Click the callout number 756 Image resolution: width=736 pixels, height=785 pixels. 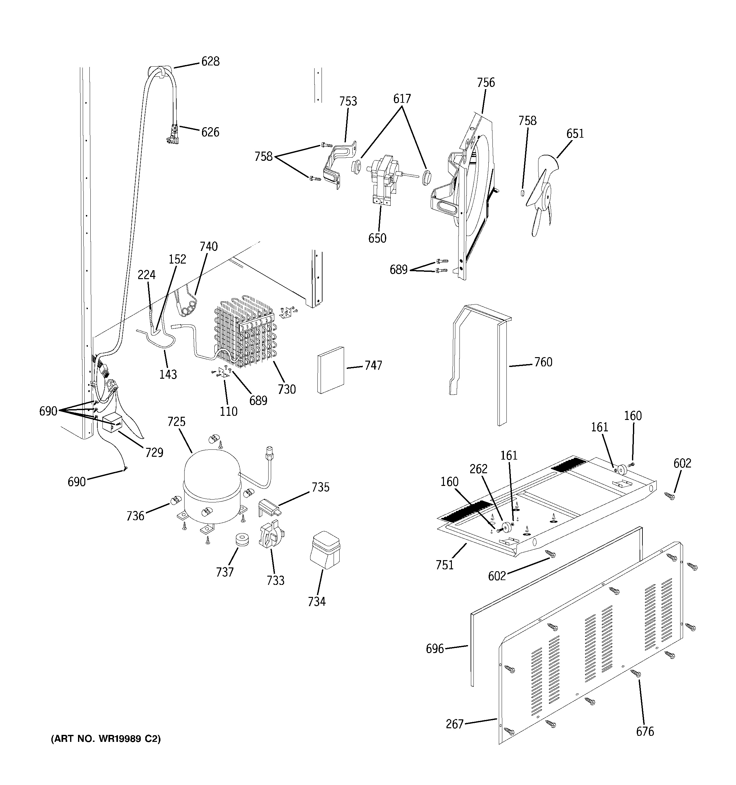(x=486, y=82)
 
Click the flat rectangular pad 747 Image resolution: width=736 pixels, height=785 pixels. (x=330, y=370)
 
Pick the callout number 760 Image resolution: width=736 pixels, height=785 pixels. (x=543, y=362)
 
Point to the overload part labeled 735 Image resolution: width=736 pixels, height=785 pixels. (x=269, y=508)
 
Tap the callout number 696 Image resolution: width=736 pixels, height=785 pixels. (x=434, y=648)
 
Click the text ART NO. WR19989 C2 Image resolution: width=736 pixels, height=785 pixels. (x=106, y=739)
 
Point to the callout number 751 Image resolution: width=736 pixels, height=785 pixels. (x=445, y=565)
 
